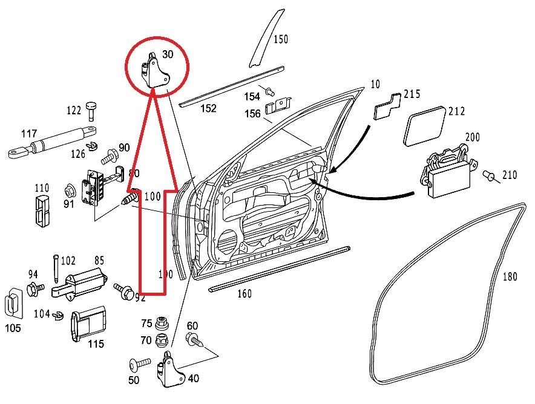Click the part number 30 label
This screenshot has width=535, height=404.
tap(168, 54)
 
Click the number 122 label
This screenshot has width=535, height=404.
tap(74, 110)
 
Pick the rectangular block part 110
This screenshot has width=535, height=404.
tap(42, 208)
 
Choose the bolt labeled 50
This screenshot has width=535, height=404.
tap(139, 365)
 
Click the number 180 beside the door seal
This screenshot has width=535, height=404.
tap(510, 277)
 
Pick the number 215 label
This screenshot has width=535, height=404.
tap(412, 94)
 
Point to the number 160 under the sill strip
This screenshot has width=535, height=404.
tap(245, 295)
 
